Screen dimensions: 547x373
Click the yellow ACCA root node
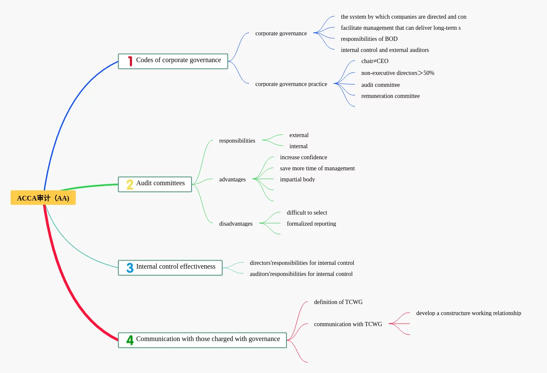point(43,198)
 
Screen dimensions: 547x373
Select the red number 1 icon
point(130,61)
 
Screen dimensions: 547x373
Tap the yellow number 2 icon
point(130,184)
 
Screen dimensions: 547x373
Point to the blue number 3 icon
point(130,268)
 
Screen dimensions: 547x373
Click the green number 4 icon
point(130,340)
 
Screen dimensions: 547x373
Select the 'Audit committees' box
point(155,184)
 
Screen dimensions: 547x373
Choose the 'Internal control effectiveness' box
point(170,268)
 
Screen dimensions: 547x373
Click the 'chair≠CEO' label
point(375,61)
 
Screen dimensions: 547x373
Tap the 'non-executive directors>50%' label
point(398,73)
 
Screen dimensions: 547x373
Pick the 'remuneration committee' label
point(390,96)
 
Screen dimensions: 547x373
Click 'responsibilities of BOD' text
point(369,39)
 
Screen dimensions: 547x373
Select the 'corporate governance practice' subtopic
point(291,84)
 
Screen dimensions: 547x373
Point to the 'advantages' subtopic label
point(232,179)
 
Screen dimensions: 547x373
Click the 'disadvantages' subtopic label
point(236,224)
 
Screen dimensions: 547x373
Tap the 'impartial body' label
point(298,179)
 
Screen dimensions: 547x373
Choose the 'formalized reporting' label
point(311,224)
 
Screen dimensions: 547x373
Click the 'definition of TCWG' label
point(338,302)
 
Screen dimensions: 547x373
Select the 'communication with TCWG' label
point(348,324)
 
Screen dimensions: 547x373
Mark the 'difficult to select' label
point(307,212)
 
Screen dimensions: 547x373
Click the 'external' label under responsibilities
point(299,135)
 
